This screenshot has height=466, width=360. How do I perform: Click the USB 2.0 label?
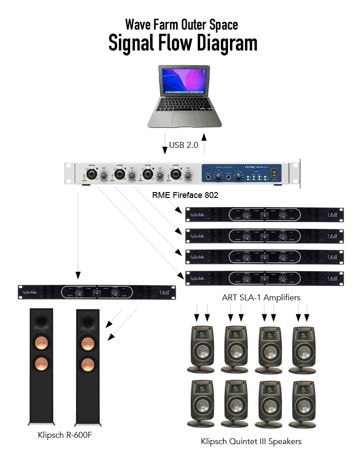(x=184, y=145)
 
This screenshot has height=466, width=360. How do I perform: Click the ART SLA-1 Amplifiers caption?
(x=261, y=298)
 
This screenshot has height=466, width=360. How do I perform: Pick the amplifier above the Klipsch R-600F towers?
(x=97, y=292)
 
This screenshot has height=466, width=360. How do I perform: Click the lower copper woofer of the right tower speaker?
(x=87, y=364)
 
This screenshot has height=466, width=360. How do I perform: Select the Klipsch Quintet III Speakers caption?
(x=251, y=441)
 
